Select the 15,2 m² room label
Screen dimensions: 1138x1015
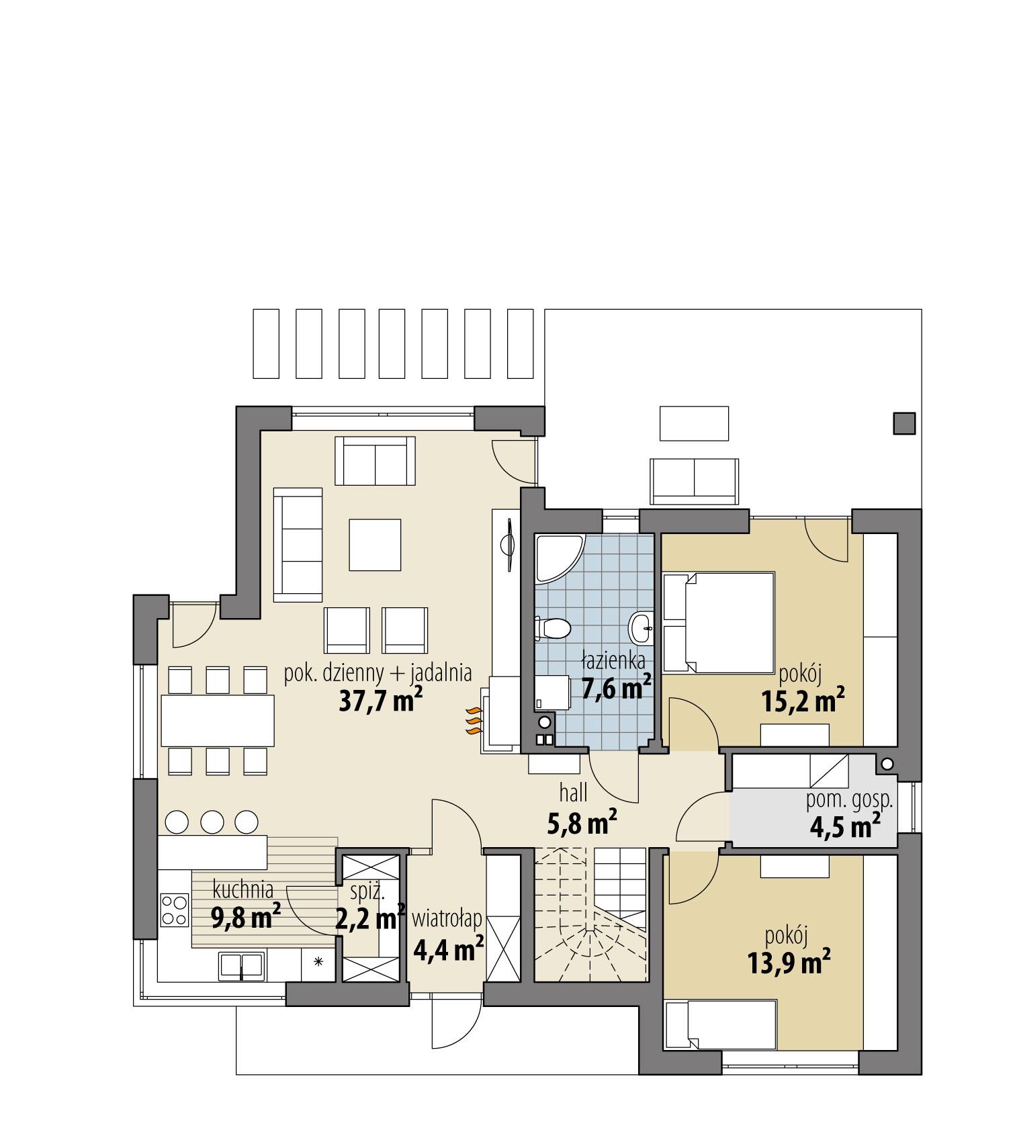click(x=803, y=702)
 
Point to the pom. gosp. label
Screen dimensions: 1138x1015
click(x=849, y=799)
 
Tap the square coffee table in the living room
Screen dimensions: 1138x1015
click(x=375, y=545)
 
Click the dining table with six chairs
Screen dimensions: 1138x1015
click(x=217, y=720)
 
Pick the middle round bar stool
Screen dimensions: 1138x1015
click(x=212, y=821)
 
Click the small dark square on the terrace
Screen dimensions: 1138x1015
click(x=903, y=423)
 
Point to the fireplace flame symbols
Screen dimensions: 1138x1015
click(x=474, y=722)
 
